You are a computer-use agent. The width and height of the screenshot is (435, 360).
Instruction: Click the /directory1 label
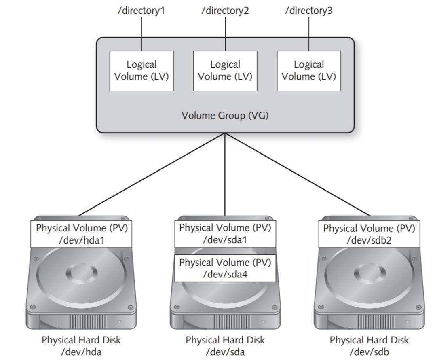click(x=141, y=11)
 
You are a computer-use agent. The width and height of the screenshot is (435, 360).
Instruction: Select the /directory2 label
click(x=225, y=11)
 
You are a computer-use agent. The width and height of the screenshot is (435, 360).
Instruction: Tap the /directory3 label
click(x=308, y=11)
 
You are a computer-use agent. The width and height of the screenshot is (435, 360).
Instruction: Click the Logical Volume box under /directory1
click(x=141, y=70)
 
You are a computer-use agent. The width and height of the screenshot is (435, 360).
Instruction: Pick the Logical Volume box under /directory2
click(x=225, y=70)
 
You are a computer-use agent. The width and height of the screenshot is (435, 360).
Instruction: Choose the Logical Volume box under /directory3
click(x=308, y=70)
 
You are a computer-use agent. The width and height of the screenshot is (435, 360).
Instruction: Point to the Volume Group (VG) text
click(x=225, y=116)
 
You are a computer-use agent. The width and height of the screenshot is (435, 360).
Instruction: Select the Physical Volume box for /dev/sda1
click(x=225, y=233)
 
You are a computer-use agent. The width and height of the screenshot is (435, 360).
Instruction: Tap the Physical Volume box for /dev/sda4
click(x=225, y=268)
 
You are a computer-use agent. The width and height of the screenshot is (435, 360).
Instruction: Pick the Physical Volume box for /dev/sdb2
click(x=369, y=233)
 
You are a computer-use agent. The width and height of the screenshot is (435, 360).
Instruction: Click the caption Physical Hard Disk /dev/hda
click(x=81, y=345)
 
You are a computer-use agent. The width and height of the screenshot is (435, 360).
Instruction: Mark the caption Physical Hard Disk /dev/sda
click(x=225, y=345)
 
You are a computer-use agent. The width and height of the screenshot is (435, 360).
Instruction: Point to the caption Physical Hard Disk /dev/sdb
click(x=369, y=345)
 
